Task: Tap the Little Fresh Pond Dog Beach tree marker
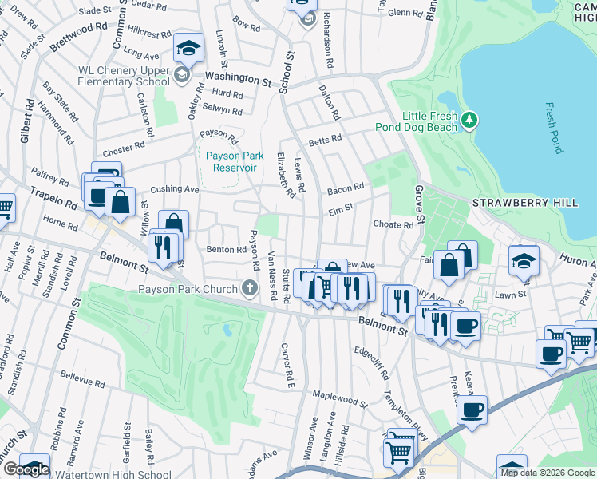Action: pyautogui.click(x=470, y=121)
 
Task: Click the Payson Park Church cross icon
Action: pyautogui.click(x=250, y=289)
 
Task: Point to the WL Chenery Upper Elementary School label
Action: pyautogui.click(x=124, y=76)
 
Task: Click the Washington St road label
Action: pyautogui.click(x=238, y=78)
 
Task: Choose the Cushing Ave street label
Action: pyautogui.click(x=175, y=189)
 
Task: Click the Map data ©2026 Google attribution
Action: pyautogui.click(x=548, y=473)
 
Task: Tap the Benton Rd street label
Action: pyautogui.click(x=227, y=249)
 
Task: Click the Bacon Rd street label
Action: pyautogui.click(x=345, y=188)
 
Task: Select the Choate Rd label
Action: pyautogui.click(x=393, y=225)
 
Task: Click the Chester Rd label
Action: pyautogui.click(x=123, y=147)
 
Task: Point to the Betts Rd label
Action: pyautogui.click(x=326, y=137)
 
